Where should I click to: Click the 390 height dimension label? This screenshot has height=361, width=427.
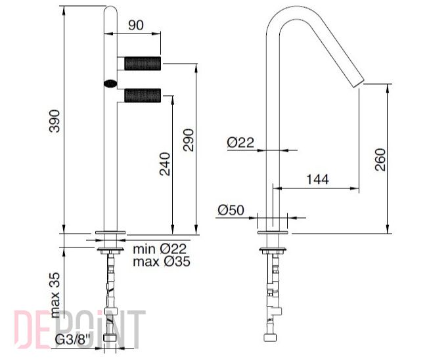pos(55,121)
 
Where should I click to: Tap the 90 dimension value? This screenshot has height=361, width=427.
pos(136,26)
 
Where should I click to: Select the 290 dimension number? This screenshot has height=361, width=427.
pos(189,140)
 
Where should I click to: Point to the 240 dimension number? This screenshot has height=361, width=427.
pos(165,164)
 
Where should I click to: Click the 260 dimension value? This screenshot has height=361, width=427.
pos(380,159)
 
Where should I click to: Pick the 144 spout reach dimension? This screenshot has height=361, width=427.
pos(317,180)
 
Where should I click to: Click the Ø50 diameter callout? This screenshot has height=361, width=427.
pos(231,210)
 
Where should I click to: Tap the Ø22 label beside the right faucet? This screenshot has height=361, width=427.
pos(240,142)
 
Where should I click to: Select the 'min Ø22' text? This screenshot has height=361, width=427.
pos(160,249)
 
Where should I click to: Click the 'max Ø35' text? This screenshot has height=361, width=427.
pos(162,261)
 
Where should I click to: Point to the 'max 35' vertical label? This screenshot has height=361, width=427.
pos(55,295)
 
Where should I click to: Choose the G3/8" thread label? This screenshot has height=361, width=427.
pos(72,339)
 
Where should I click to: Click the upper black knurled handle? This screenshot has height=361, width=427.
pos(143,64)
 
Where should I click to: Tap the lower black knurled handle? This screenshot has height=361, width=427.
pos(143,95)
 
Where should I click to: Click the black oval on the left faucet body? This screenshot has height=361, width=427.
pos(110,83)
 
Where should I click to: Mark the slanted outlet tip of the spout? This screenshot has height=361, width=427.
pos(359,83)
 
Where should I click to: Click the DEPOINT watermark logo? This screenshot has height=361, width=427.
pos(79,329)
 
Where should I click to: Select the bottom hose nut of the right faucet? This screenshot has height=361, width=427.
pos(271,337)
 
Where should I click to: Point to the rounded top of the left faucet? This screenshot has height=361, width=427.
pos(110,11)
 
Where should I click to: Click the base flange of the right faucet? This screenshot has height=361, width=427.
pos(273,232)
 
